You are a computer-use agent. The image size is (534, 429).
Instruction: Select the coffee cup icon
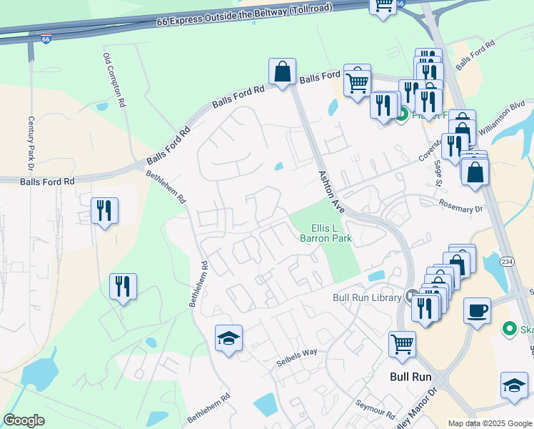point(477,311)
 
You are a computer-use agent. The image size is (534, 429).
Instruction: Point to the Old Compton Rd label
point(114,80)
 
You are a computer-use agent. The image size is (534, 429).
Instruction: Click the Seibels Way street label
point(296,357)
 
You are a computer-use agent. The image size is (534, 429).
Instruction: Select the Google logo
point(24,420)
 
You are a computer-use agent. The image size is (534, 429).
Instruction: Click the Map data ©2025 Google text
point(489,423)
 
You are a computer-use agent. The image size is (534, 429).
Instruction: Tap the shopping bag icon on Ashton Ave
point(282,71)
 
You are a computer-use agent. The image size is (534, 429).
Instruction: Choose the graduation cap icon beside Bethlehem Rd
point(228,338)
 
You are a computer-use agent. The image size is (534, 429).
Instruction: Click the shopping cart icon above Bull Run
point(402,343)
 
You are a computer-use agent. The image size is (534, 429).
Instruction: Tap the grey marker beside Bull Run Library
point(412,295)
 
